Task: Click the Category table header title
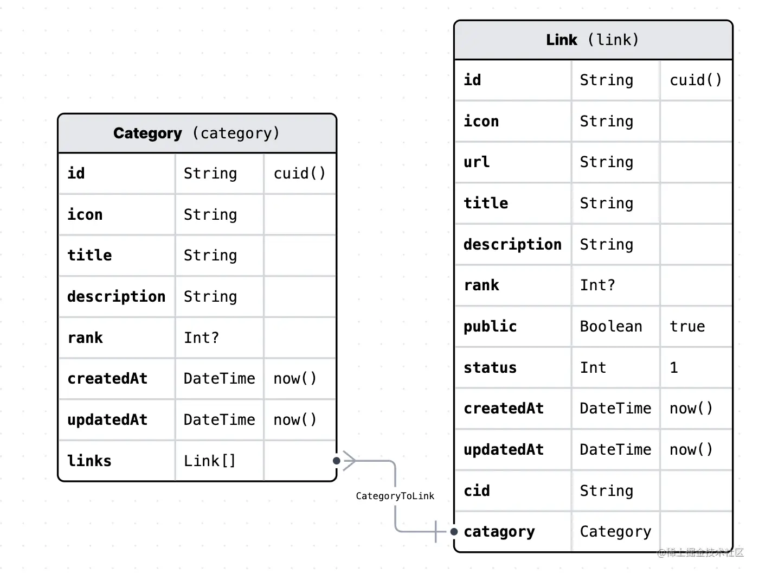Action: point(196,133)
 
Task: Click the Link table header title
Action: point(593,40)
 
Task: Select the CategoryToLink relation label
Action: point(395,496)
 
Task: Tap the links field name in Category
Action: point(89,461)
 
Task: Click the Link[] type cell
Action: point(210,461)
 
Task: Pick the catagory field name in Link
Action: point(499,532)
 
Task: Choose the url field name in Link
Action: point(477,162)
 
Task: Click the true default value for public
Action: point(687,327)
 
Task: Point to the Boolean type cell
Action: point(611,327)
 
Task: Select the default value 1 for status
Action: point(674,368)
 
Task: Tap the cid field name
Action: point(477,491)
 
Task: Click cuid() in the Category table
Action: point(299,174)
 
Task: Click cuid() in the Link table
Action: point(696,80)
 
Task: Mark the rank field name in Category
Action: point(85,338)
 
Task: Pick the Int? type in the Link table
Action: point(597,285)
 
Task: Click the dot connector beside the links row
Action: point(337,461)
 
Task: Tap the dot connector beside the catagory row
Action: point(454,532)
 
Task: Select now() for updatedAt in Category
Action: point(295,420)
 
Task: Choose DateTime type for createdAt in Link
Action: point(615,409)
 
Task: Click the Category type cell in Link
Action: point(615,532)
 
